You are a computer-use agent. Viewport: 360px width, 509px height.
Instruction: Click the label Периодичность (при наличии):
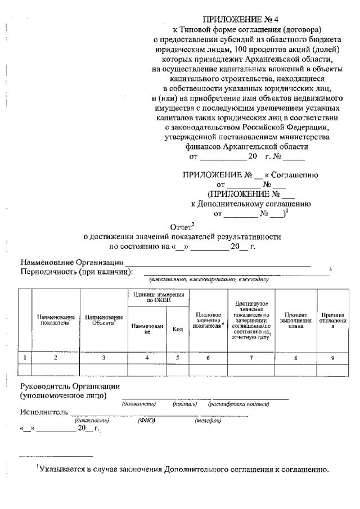coord(76,272)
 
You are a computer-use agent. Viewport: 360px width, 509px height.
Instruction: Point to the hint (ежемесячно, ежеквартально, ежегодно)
coord(209,280)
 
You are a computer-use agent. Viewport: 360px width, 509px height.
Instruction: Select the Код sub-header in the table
coord(177,329)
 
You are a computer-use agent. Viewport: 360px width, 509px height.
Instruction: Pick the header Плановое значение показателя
coord(208,320)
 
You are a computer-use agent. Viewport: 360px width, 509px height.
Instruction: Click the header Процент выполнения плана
coord(296,320)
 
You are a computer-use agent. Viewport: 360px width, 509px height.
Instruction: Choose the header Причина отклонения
coord(332,321)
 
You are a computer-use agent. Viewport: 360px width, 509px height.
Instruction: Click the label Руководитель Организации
coord(70,386)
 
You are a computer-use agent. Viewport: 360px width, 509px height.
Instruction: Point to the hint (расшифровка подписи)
coord(238,404)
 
